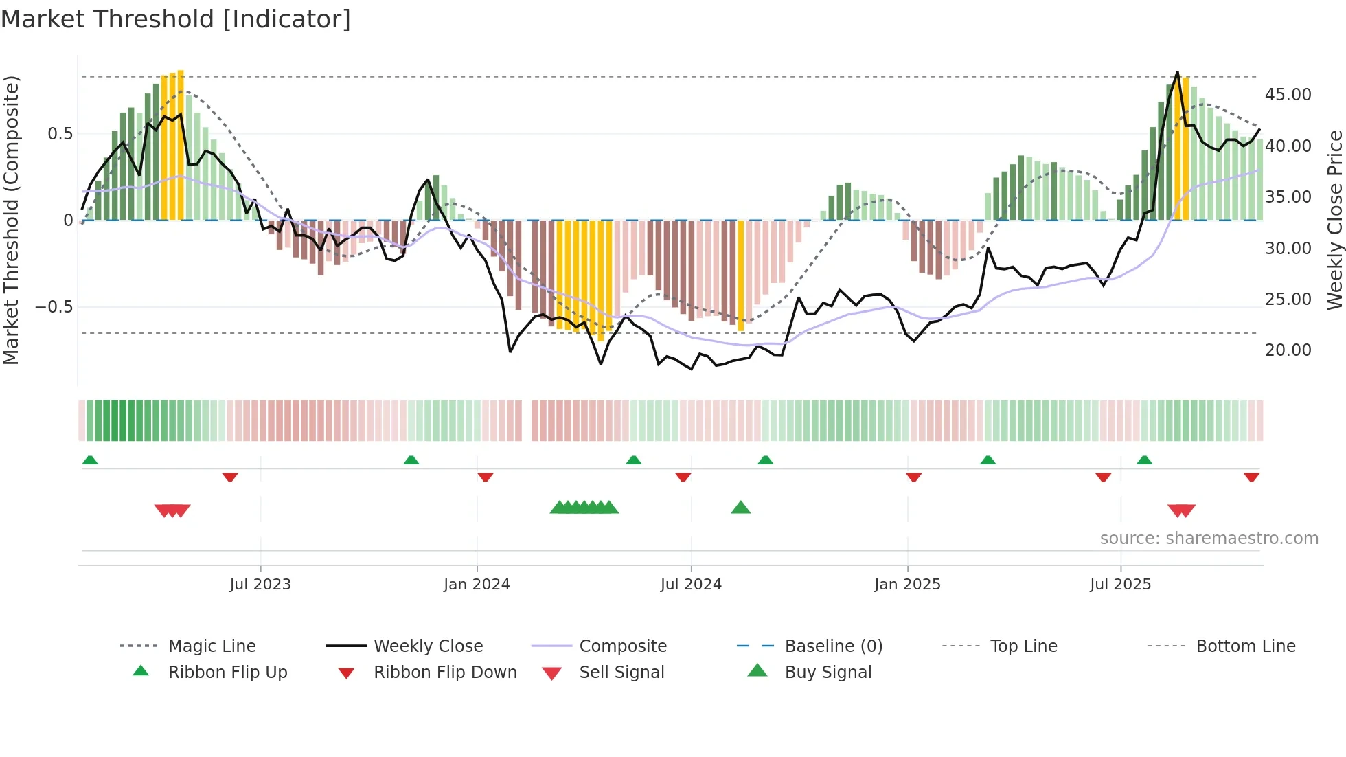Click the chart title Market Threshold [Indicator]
click(x=176, y=19)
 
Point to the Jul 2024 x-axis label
click(x=691, y=585)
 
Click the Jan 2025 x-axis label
click(x=907, y=585)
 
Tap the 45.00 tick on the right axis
click(x=1288, y=95)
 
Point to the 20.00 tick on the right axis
click(x=1288, y=350)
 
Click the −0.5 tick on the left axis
click(x=54, y=306)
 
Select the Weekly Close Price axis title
click(x=1334, y=220)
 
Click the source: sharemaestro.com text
click(x=1209, y=539)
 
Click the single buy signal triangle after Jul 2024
click(x=740, y=508)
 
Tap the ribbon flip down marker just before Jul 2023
click(x=230, y=477)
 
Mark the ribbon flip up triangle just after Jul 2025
click(x=1144, y=460)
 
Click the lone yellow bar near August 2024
click(x=741, y=275)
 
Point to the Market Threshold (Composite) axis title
click(x=11, y=220)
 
